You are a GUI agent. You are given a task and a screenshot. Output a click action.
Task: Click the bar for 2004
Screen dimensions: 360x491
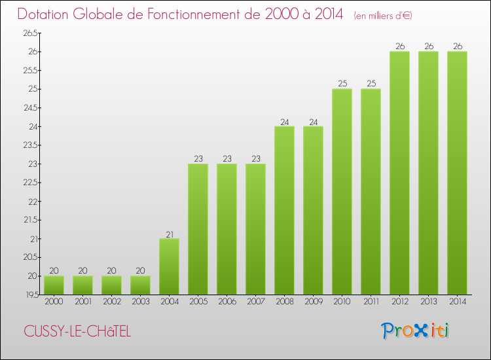[169, 266]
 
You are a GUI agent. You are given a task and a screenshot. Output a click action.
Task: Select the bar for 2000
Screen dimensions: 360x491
[54, 285]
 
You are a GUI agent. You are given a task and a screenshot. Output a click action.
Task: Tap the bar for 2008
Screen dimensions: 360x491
[284, 210]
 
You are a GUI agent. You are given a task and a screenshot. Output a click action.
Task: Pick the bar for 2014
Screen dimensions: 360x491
[457, 173]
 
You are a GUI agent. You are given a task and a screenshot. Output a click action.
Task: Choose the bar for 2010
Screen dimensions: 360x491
[342, 192]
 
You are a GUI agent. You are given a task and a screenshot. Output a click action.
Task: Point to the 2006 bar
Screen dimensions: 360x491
[227, 229]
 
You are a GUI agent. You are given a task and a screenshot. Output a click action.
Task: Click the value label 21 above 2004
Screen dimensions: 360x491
[169, 234]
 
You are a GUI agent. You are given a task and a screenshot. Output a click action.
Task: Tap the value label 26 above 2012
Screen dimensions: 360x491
[399, 46]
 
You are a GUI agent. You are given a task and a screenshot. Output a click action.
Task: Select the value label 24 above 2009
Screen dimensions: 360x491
[313, 121]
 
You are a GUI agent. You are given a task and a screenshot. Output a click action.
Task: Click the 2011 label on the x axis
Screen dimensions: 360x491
[371, 302]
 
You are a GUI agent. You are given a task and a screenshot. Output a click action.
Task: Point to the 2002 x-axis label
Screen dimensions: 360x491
[111, 302]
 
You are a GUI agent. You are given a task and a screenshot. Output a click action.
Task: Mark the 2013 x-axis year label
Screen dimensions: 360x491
[428, 302]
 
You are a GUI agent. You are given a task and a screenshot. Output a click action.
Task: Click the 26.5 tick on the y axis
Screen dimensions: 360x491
[31, 33]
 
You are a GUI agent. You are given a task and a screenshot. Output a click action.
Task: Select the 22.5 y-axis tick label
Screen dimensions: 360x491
[31, 183]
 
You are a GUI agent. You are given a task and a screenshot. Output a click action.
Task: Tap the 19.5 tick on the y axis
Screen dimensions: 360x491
[31, 295]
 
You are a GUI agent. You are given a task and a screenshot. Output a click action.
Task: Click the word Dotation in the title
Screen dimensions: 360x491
[46, 14]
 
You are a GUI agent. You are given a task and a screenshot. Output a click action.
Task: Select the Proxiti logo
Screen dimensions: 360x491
[416, 331]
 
